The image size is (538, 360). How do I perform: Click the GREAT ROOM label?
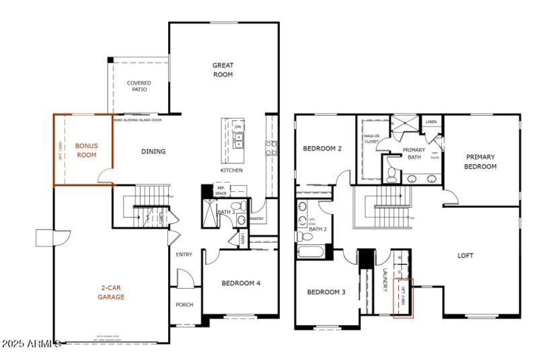click(223, 70)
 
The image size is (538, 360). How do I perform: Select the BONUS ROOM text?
click(86, 150)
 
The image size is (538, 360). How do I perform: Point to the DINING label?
click(153, 151)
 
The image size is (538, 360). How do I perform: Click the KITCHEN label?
click(231, 170)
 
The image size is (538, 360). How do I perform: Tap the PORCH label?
click(184, 305)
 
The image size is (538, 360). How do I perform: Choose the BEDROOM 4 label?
click(241, 283)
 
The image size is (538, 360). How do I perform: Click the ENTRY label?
click(184, 254)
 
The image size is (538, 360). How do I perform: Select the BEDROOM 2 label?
click(324, 149)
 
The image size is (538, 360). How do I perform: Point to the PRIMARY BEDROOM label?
click(481, 161)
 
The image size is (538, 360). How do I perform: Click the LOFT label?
click(465, 256)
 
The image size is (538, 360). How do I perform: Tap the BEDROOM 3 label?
click(326, 292)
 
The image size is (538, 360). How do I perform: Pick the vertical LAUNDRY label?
click(385, 280)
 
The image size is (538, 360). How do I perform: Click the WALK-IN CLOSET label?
click(371, 139)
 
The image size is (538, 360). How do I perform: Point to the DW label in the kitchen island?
click(238, 126)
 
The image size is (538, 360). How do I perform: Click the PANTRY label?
click(256, 219)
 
